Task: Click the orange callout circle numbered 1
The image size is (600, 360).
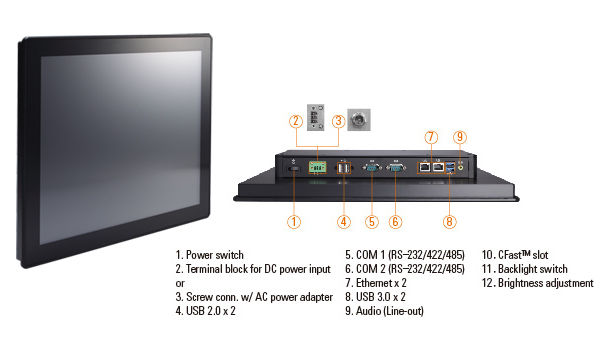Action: tap(294, 222)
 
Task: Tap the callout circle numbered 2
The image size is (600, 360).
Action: tap(296, 121)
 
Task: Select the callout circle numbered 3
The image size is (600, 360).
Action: tap(338, 121)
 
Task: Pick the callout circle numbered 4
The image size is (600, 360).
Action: tap(344, 222)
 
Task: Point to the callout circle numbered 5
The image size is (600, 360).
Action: tap(372, 222)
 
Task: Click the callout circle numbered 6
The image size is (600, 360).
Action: tap(395, 222)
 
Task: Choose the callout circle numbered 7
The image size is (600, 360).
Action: tap(431, 137)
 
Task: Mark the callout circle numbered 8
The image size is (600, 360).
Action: tap(450, 222)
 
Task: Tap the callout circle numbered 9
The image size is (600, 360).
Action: tap(460, 137)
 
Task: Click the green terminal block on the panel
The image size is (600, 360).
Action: tap(317, 167)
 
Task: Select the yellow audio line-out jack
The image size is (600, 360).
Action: tap(461, 167)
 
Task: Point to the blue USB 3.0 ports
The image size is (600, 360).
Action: tap(450, 167)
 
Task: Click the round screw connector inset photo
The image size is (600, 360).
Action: tap(359, 120)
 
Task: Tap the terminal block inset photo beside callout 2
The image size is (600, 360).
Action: tap(316, 117)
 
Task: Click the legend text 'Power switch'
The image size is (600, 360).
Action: tap(215, 255)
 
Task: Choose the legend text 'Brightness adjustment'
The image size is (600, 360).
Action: tap(546, 283)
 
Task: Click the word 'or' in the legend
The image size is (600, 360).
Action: tap(180, 284)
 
